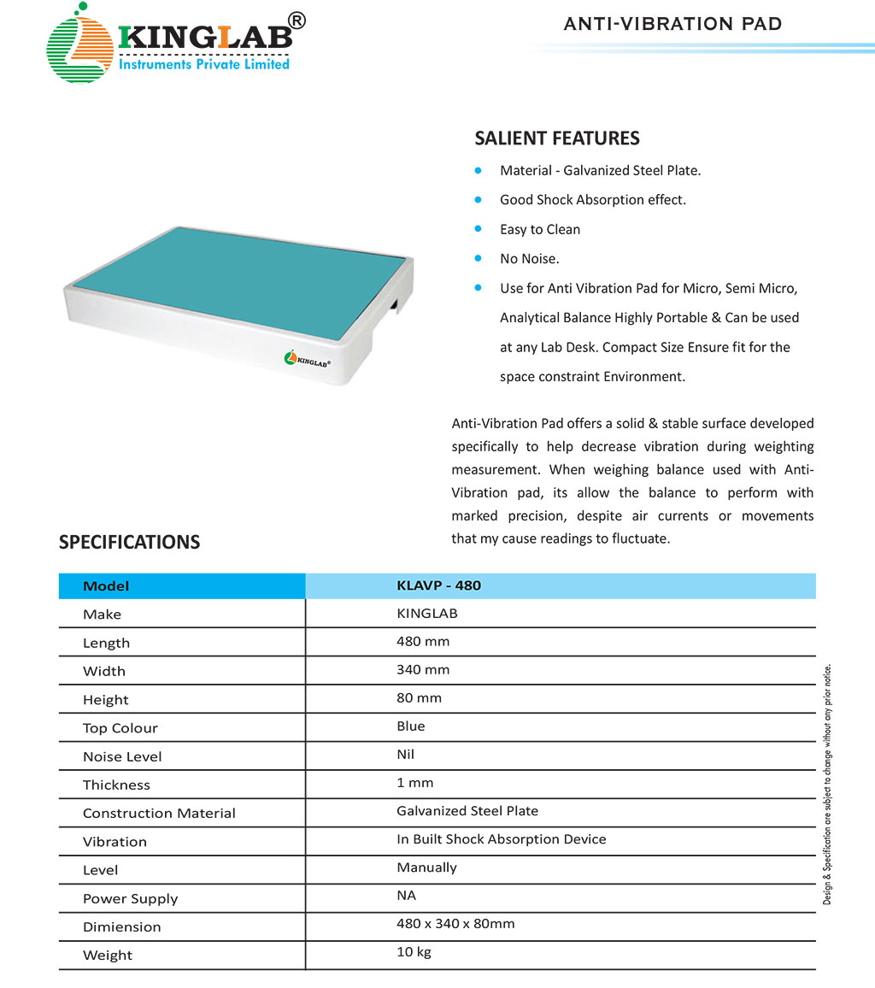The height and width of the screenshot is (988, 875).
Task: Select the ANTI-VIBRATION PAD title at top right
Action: coord(672,24)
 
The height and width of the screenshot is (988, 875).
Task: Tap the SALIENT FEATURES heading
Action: coord(557,138)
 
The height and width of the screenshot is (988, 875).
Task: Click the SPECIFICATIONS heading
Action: coord(129,542)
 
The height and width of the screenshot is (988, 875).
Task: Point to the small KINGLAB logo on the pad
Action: coord(308,360)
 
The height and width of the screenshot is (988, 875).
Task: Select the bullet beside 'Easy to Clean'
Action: coord(479,229)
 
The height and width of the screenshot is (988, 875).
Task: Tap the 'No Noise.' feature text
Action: coord(530,258)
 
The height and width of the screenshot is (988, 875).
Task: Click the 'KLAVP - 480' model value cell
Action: coord(439,585)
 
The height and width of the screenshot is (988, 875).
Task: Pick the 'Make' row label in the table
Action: coord(102,615)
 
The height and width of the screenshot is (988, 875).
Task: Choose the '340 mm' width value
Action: coord(423,670)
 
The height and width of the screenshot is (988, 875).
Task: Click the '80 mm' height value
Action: coord(419,698)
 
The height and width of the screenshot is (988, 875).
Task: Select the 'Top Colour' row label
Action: coord(120,728)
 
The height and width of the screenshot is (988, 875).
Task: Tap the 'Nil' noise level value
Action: coord(406,755)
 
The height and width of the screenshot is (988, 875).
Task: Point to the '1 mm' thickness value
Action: coord(415,783)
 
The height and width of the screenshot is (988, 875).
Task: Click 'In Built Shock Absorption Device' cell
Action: coord(502,839)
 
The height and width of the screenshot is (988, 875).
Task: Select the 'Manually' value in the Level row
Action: coord(426,867)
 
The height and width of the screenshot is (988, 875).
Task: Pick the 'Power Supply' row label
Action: coord(131,898)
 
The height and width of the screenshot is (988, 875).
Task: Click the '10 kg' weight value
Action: coord(414,952)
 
